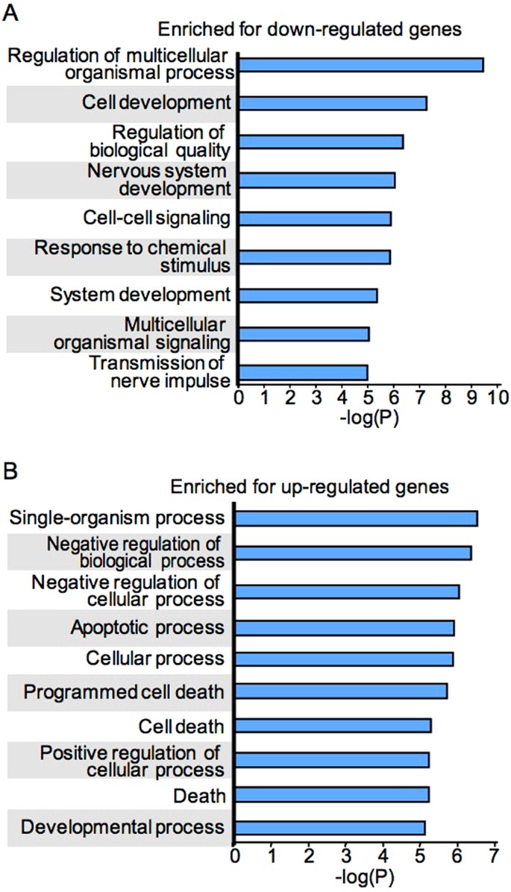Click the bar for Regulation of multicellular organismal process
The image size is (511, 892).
[x=360, y=65]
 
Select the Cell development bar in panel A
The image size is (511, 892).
[x=332, y=103]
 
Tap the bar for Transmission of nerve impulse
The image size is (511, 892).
[x=303, y=372]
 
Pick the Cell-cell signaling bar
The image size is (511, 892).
[x=314, y=218]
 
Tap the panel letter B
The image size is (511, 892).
[x=10, y=472]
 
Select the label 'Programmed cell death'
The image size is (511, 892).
[x=124, y=692]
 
